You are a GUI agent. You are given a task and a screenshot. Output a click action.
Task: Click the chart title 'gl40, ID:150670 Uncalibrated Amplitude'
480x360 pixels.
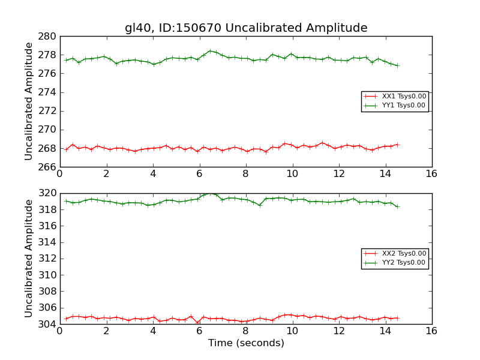[246, 28]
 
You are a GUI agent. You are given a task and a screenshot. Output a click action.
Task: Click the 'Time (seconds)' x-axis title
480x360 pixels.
[246, 343]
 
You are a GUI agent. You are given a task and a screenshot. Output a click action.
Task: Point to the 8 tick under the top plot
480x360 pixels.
[246, 174]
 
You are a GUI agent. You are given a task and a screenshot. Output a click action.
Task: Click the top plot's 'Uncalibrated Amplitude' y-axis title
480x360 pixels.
[29, 101]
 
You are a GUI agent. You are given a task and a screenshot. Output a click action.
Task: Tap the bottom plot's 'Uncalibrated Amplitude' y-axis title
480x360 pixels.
[29, 259]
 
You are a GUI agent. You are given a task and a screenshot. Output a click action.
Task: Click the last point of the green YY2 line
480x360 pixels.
[397, 206]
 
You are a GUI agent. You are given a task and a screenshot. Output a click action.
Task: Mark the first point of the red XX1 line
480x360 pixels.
[66, 149]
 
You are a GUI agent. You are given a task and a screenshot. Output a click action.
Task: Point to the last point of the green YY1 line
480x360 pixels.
[397, 65]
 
